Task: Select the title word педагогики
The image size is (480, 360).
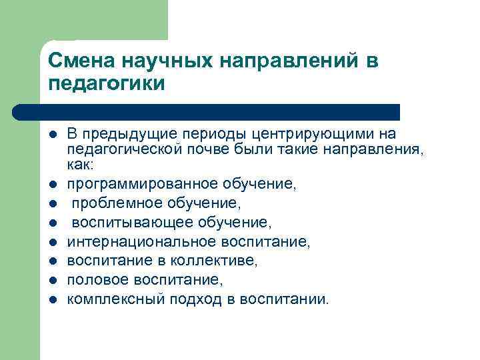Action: [105, 84]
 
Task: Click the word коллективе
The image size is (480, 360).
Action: [193, 260]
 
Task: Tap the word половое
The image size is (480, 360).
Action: [91, 279]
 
